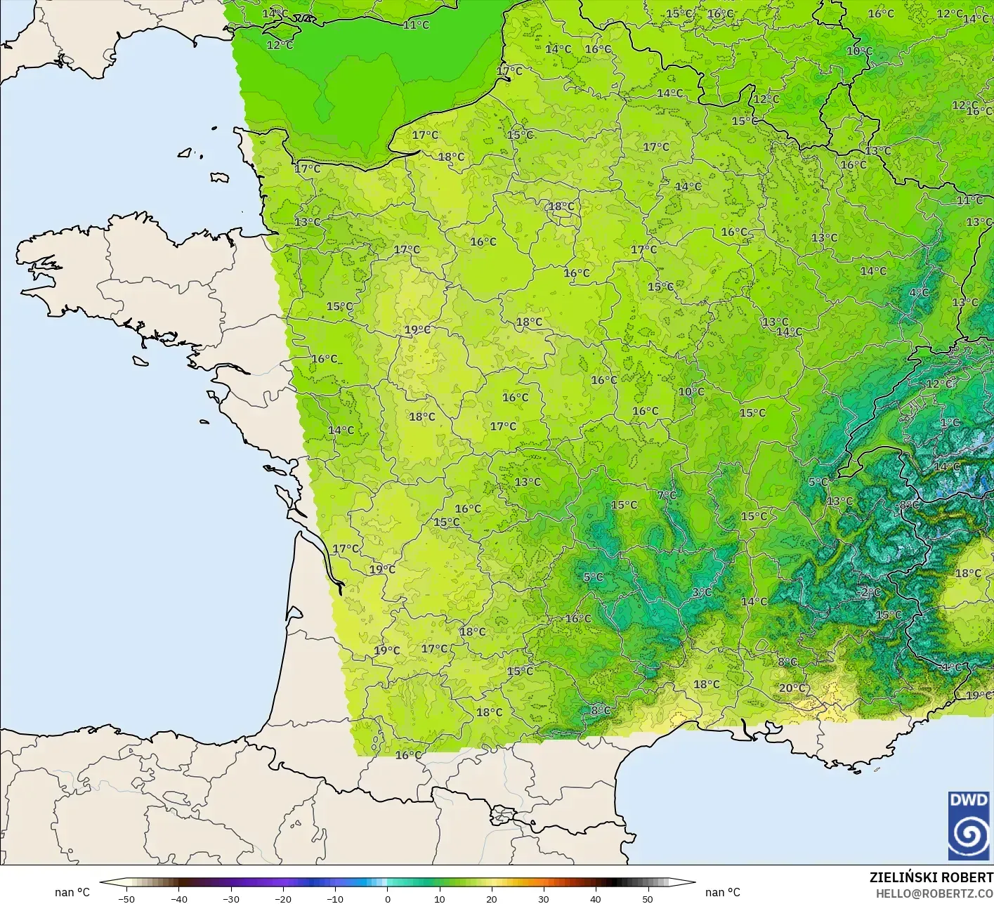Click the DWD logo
click(969, 825)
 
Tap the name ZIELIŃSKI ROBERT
click(931, 877)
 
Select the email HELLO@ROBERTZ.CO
click(934, 893)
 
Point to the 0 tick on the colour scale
click(388, 898)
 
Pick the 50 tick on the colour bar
click(647, 898)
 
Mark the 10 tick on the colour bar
click(439, 898)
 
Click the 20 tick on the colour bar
click(491, 898)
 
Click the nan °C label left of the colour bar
click(72, 892)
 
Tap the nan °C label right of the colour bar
click(723, 892)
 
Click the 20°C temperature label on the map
click(792, 688)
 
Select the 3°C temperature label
click(702, 592)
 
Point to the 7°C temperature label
click(667, 495)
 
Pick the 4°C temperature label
click(919, 292)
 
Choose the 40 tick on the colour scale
click(595, 898)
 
